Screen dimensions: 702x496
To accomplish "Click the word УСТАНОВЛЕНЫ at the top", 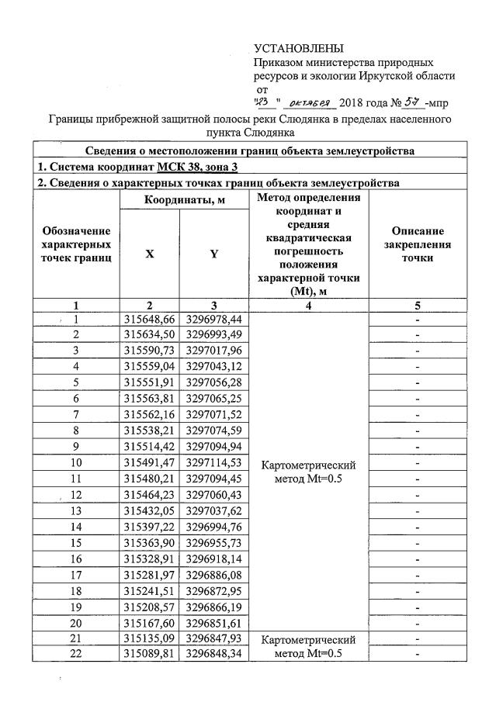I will tap(298, 50).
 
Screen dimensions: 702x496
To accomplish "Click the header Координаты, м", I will tap(182, 199).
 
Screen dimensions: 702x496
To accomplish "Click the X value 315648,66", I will tap(150, 319).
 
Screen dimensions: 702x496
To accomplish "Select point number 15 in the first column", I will tap(77, 543).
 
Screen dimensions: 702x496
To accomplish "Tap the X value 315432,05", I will tap(150, 510).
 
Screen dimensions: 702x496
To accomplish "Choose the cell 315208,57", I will tap(150, 607).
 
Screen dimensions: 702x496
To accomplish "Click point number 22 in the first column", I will tap(77, 654).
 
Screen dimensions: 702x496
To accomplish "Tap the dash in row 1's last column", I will tap(418, 319).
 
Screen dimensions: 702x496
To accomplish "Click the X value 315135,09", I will tap(150, 639).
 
